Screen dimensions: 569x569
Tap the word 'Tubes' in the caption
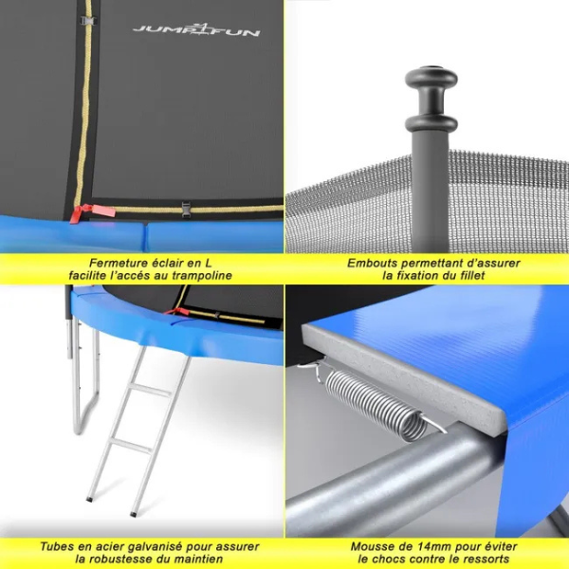point(60,546)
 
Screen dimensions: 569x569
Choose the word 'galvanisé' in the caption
point(151,546)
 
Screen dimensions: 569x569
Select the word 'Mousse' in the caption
point(374,546)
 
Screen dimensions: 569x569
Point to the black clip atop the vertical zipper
point(87,19)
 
